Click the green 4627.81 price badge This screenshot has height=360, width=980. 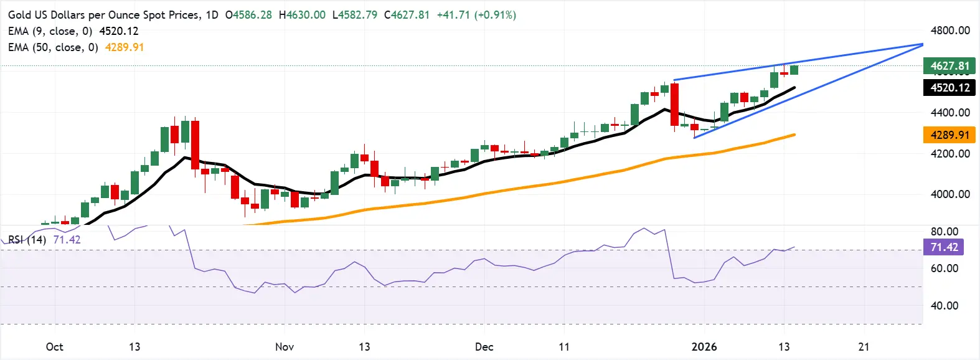click(949, 65)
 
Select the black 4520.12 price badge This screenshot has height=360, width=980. click(949, 88)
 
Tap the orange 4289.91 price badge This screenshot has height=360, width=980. click(949, 135)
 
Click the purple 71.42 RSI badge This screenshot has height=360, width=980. click(944, 247)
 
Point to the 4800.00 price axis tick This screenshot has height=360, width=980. click(950, 31)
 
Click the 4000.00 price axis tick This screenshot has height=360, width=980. click(950, 194)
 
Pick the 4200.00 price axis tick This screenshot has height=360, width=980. click(950, 153)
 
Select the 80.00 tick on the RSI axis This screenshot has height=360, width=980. click(944, 232)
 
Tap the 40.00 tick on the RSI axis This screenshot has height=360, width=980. click(944, 306)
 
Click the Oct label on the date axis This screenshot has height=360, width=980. click(55, 347)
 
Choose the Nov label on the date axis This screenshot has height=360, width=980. click(285, 347)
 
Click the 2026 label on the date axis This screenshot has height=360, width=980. click(704, 347)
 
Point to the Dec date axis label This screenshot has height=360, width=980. click(484, 347)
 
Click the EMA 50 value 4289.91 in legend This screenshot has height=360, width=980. click(125, 47)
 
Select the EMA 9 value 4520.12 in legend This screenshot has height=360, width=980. click(119, 31)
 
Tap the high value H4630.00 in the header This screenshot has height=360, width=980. click(302, 15)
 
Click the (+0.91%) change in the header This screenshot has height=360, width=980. click(495, 15)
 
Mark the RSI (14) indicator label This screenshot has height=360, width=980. click(27, 240)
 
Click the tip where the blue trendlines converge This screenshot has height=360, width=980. click(922, 44)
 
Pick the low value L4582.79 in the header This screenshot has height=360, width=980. click(355, 15)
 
